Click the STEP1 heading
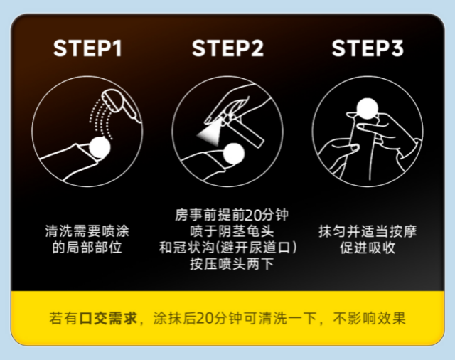tap(87, 48)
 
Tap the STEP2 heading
tap(227, 48)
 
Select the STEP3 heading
tap(368, 48)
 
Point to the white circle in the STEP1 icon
tap(100, 147)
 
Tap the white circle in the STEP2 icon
tap(234, 154)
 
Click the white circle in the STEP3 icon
tap(368, 109)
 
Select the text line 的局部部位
tap(87, 248)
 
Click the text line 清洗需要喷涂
tap(87, 231)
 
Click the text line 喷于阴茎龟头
tap(232, 231)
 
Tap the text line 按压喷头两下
tap(232, 264)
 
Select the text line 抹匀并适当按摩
tap(368, 231)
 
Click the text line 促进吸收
tap(368, 248)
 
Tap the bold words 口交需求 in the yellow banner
tap(108, 318)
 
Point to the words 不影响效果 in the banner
tap(369, 318)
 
